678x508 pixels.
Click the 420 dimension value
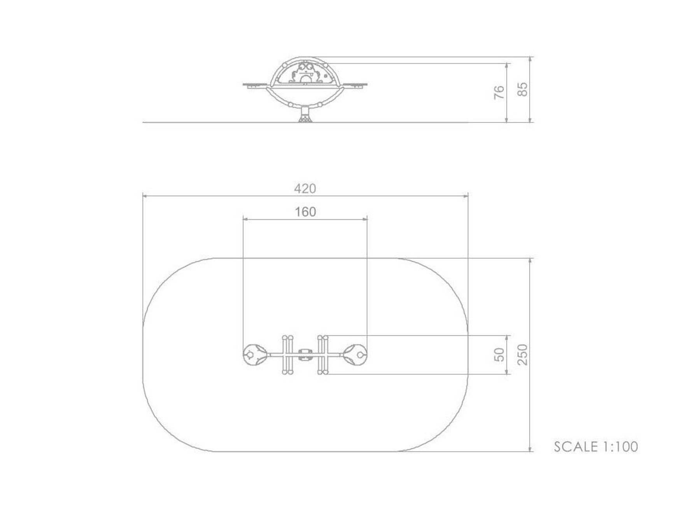305,189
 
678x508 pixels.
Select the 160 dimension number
305,212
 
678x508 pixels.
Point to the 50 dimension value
500,354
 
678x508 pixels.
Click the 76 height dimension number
499,92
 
